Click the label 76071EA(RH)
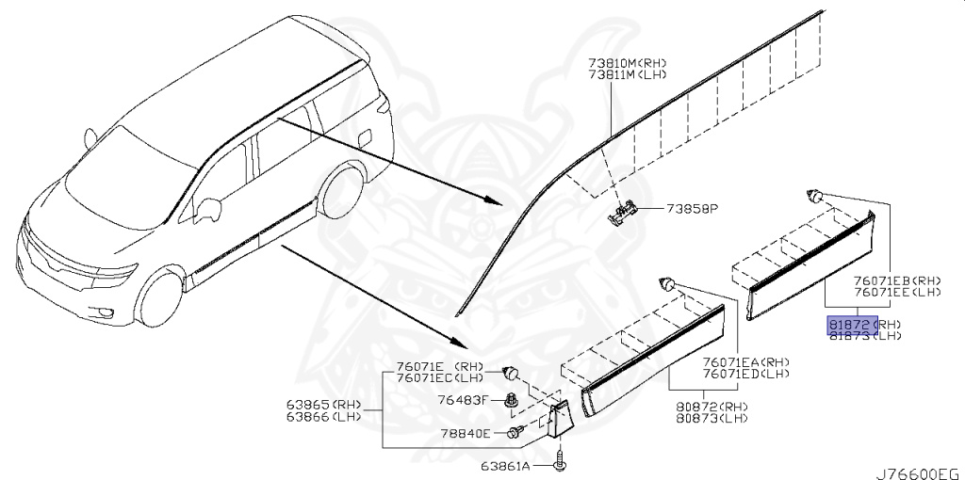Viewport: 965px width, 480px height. (745, 361)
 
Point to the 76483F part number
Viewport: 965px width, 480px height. (462, 399)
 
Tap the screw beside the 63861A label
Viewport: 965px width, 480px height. (563, 460)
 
